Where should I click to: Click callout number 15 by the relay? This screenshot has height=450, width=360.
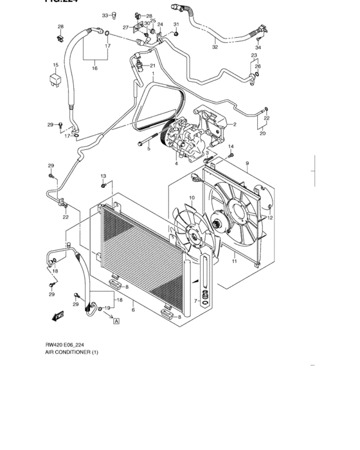[x=55, y=65]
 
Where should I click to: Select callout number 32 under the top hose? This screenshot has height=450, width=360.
[x=215, y=47]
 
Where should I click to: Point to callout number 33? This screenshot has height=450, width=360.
[x=105, y=14]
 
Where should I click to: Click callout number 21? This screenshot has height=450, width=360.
[x=153, y=66]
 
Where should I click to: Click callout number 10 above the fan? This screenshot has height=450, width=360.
[x=192, y=197]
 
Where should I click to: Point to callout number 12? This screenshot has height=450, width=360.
[x=270, y=218]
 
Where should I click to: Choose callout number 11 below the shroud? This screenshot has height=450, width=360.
[x=234, y=260]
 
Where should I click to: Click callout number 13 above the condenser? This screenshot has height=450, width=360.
[x=102, y=175]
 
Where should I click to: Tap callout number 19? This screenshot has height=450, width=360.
[x=107, y=308]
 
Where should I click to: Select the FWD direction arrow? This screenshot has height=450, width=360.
[x=57, y=316]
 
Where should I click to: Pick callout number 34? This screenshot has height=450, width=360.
[x=258, y=48]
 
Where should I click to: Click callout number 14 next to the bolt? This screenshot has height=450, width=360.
[x=231, y=147]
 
